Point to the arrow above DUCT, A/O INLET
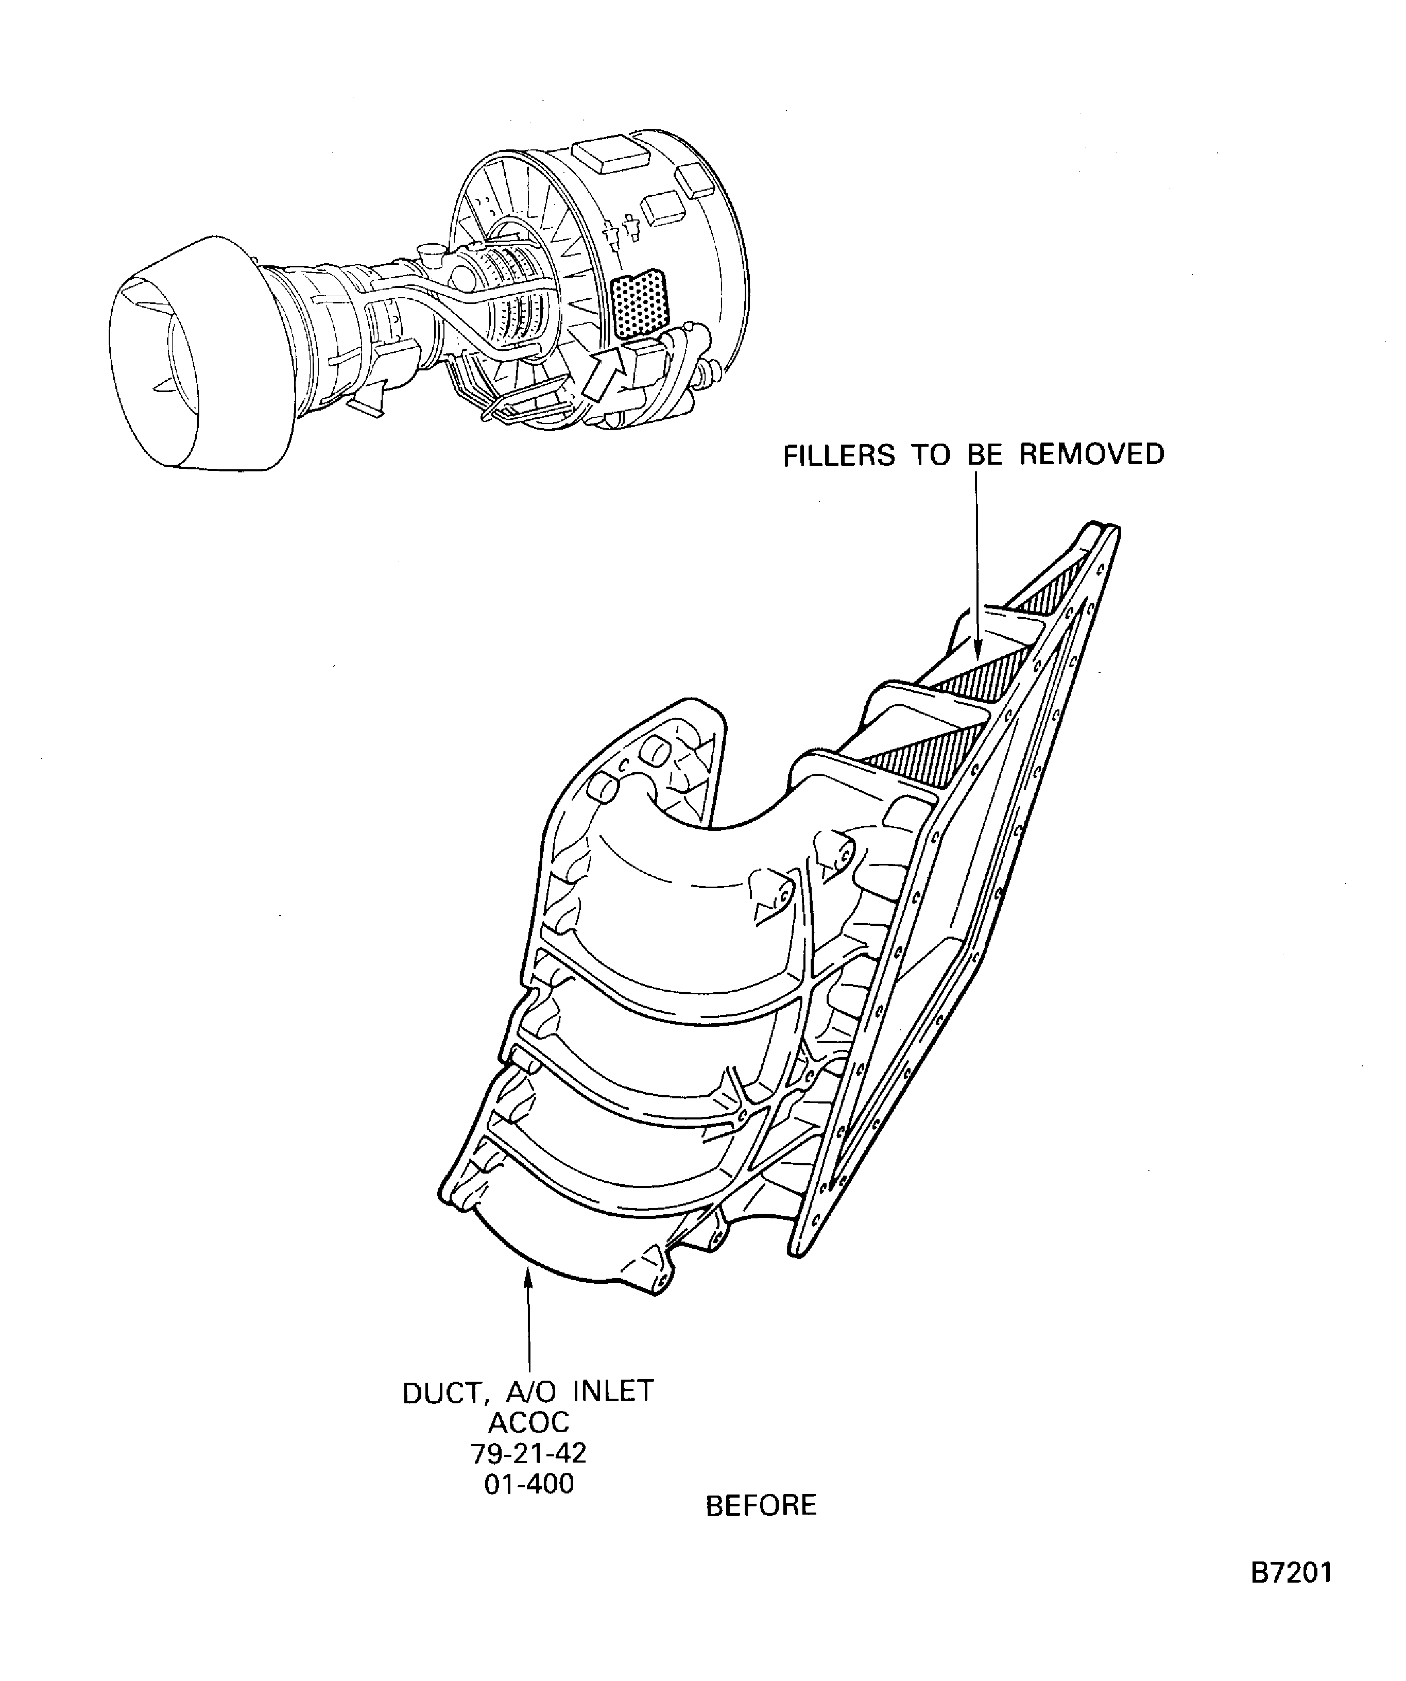coord(528,1321)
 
